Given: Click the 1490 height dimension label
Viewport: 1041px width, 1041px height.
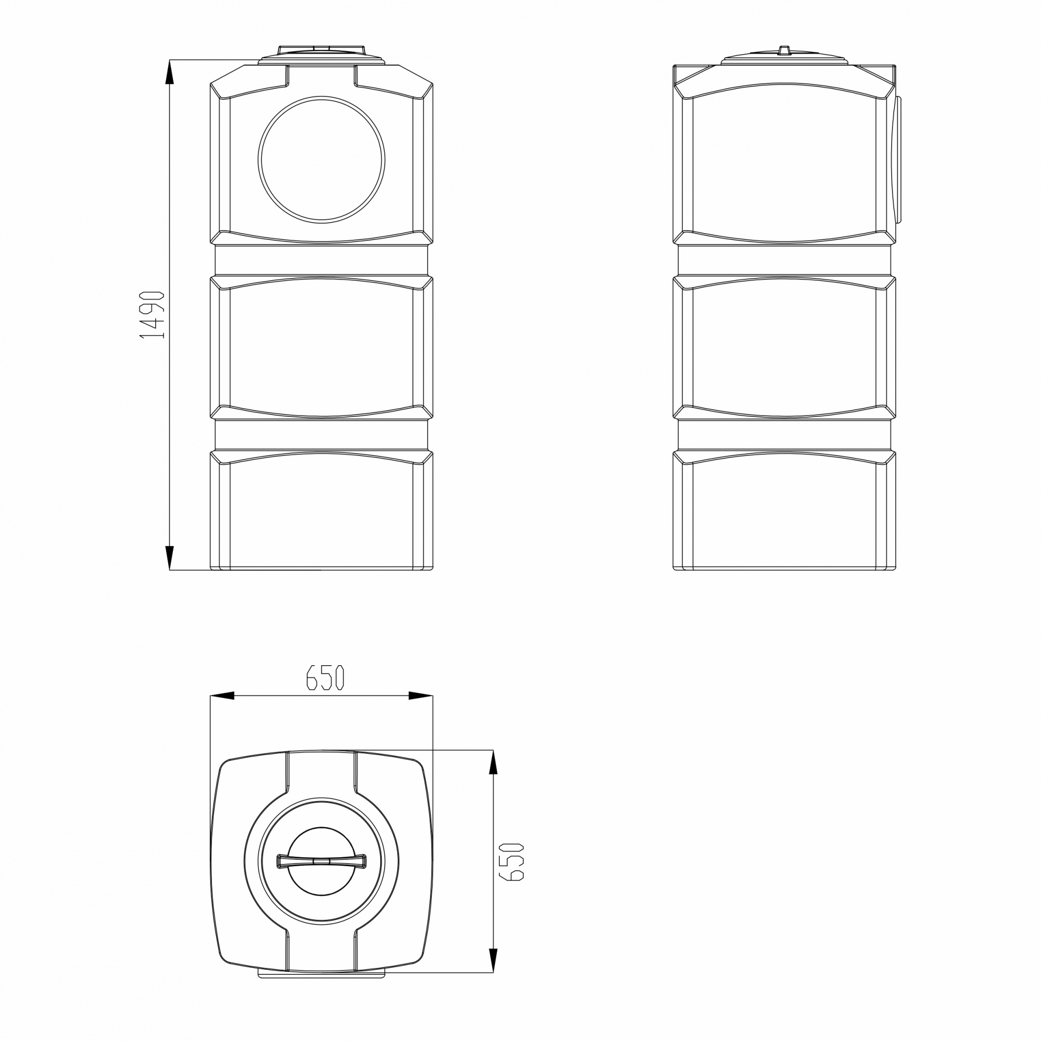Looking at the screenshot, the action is point(151,315).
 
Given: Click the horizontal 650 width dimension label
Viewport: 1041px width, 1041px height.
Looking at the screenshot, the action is point(325,677).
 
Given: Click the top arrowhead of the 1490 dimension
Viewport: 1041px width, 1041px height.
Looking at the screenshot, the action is point(169,72).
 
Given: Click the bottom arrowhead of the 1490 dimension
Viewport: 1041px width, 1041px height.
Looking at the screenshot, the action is point(169,557).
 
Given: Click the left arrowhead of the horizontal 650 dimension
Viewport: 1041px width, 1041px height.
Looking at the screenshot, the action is point(222,695).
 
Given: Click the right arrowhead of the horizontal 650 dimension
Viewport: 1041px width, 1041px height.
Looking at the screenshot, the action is point(420,695).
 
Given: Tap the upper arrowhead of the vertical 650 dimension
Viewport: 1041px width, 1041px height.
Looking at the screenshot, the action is point(493,762).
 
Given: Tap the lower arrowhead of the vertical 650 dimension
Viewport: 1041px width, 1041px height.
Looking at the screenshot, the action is point(493,961).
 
